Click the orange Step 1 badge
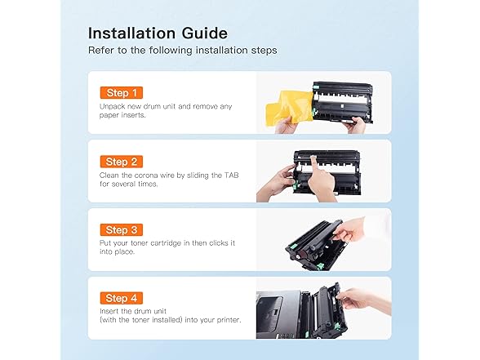click(x=121, y=93)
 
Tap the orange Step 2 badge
click(x=121, y=162)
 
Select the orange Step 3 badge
click(x=121, y=230)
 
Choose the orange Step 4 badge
click(x=121, y=298)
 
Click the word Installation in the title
click(x=132, y=33)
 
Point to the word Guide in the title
click(x=205, y=33)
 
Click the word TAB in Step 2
click(x=232, y=176)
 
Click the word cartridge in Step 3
click(x=166, y=243)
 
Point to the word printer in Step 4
click(x=229, y=320)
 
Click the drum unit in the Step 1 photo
click(x=342, y=102)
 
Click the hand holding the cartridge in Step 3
click(x=349, y=229)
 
